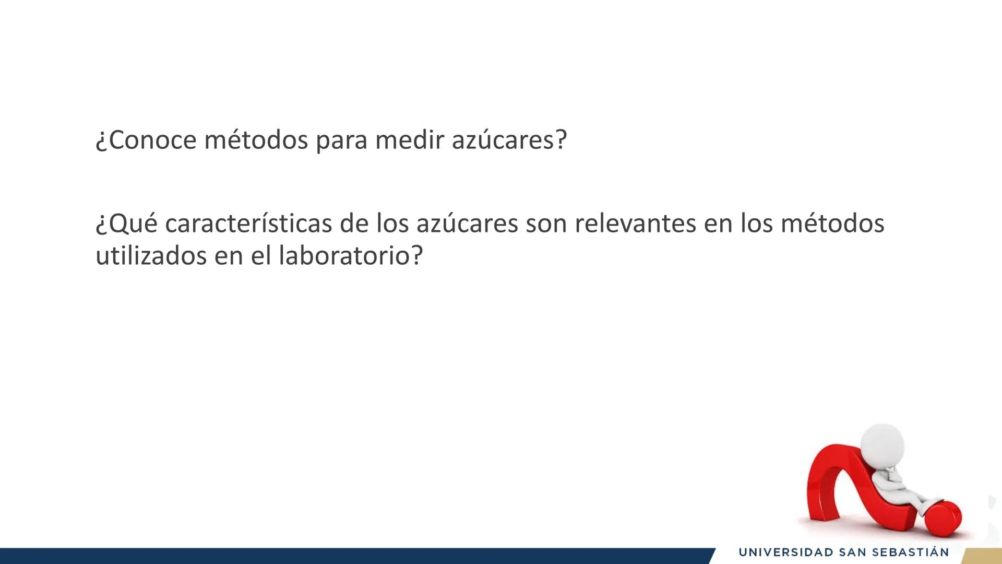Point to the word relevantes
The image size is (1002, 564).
click(x=635, y=224)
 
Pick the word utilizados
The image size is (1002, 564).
click(x=151, y=256)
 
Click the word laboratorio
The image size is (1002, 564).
click(x=344, y=256)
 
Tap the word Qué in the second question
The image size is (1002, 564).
click(x=127, y=224)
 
